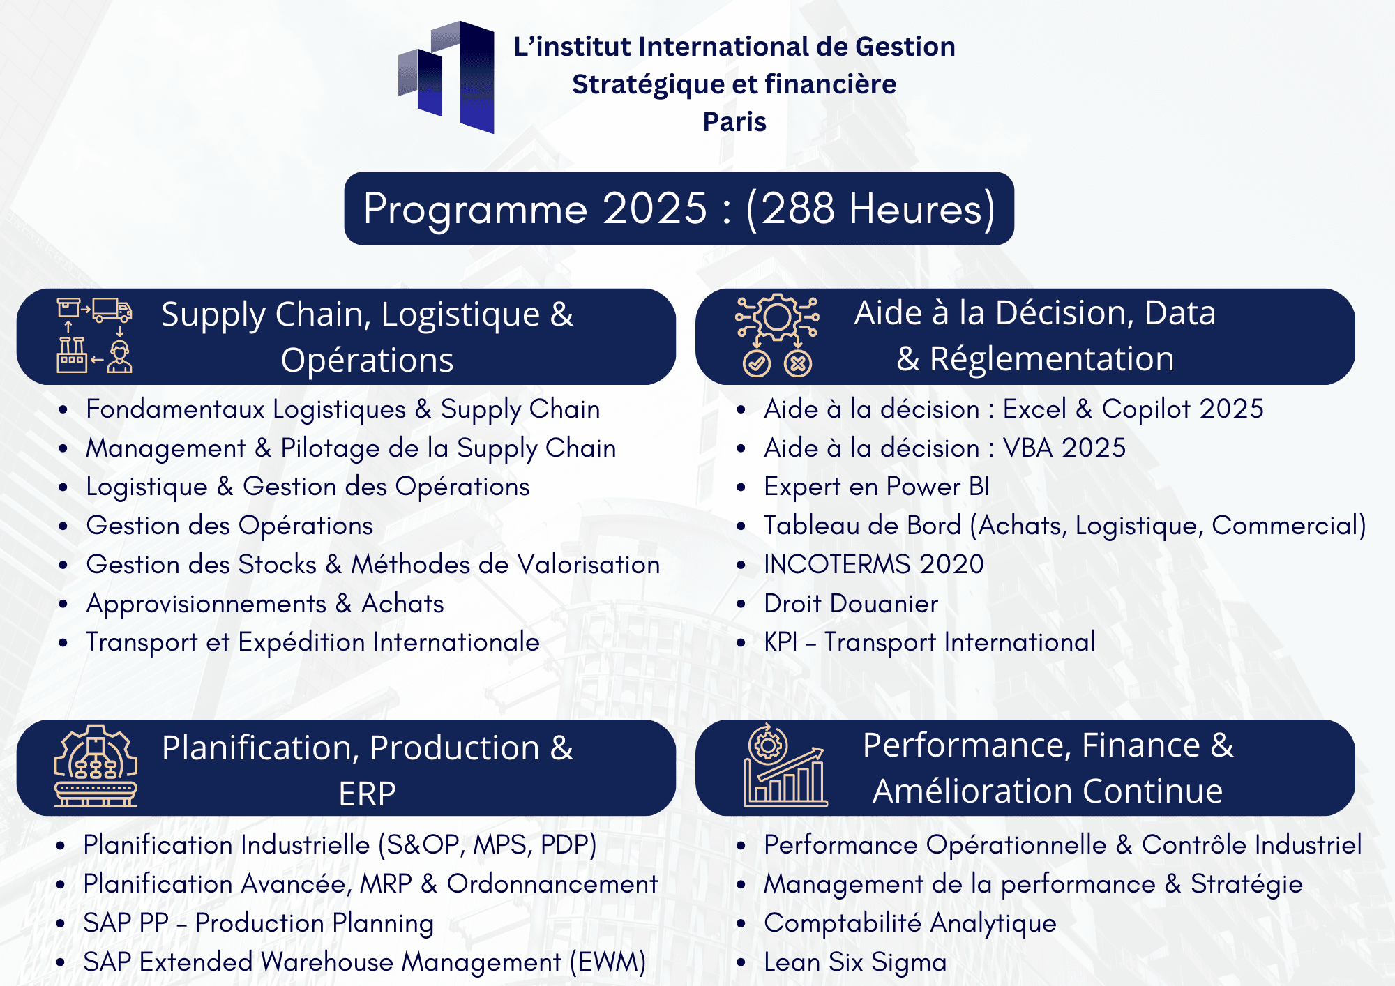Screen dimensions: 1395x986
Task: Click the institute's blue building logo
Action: pyautogui.click(x=447, y=77)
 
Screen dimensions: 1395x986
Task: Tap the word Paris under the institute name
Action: pyautogui.click(x=734, y=122)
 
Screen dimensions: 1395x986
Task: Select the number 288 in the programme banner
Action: pyautogui.click(x=797, y=208)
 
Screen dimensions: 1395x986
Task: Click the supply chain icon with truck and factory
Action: pyautogui.click(x=94, y=335)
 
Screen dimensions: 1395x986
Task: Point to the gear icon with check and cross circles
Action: pyautogui.click(x=777, y=335)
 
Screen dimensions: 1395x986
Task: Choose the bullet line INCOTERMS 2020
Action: pyautogui.click(x=874, y=564)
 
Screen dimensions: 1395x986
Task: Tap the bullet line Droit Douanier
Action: pyautogui.click(x=851, y=603)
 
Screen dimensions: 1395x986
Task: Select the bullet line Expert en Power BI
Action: pyautogui.click(x=877, y=487)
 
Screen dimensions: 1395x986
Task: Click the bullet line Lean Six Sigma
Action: pyautogui.click(x=855, y=962)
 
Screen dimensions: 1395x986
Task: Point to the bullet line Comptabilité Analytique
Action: pyautogui.click(x=910, y=923)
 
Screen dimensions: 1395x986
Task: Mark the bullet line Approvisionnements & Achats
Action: pyautogui.click(x=265, y=604)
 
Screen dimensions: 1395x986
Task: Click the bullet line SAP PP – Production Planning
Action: pyautogui.click(x=259, y=923)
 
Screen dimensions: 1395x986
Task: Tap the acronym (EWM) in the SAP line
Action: pyautogui.click(x=608, y=962)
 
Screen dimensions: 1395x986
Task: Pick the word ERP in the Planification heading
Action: pyautogui.click(x=367, y=794)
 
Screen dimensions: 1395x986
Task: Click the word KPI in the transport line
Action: pyautogui.click(x=781, y=642)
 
